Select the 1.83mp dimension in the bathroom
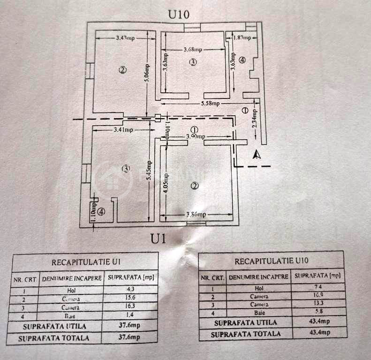point(242,37)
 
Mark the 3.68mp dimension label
point(192,50)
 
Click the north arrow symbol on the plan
point(256,154)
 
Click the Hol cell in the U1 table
point(72,291)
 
